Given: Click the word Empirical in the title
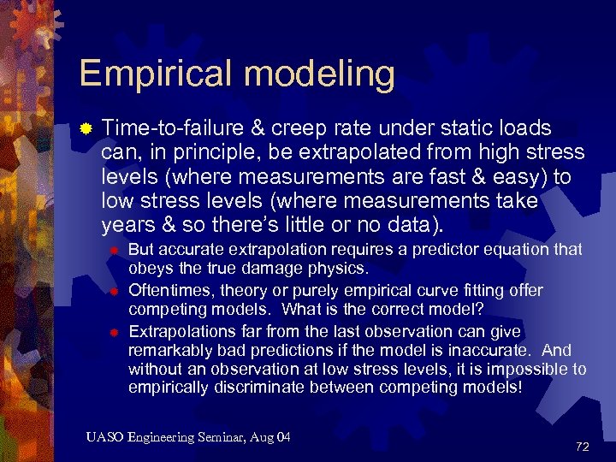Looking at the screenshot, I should pyautogui.click(x=149, y=74).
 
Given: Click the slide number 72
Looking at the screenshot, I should pyautogui.click(x=583, y=446).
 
